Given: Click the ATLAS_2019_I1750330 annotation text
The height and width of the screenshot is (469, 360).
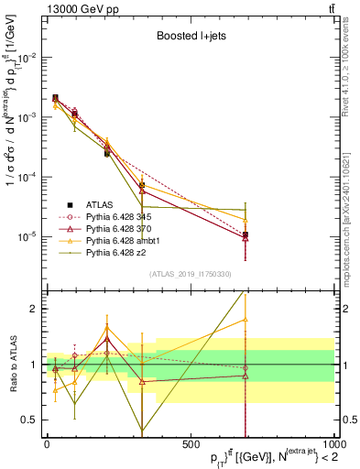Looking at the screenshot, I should pos(189,274).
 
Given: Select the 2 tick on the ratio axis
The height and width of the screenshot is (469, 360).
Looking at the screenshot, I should pos(34,309).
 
